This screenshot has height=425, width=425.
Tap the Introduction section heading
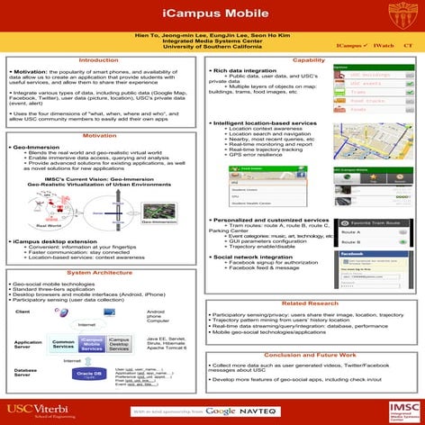pos(104,59)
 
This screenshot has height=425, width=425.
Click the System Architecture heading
pos(104,271)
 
